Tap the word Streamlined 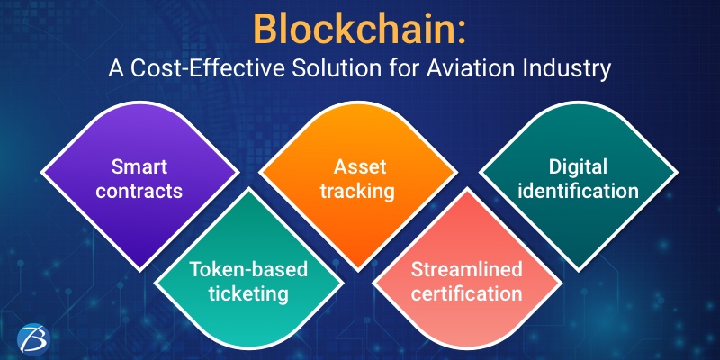coord(466,269)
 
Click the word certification coord(466,292)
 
